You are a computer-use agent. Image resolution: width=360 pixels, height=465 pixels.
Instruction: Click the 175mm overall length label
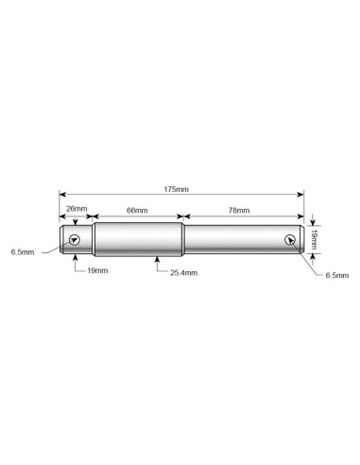click(176, 189)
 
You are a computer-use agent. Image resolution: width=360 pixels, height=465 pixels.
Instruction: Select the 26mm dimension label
click(77, 209)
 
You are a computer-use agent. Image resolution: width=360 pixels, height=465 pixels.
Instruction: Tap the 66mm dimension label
click(137, 210)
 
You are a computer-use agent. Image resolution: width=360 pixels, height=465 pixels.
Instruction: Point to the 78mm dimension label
click(239, 210)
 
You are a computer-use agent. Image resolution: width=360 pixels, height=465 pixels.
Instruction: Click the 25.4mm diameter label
click(184, 273)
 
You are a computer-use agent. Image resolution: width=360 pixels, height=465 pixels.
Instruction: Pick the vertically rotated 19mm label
click(314, 239)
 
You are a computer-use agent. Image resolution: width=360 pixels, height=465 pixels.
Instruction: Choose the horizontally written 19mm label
click(97, 270)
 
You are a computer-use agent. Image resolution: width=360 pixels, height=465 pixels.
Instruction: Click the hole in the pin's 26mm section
click(75, 240)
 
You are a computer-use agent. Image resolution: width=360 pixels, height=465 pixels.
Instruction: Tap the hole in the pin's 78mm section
click(290, 240)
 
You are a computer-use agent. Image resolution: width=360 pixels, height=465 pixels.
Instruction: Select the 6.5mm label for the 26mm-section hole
click(23, 252)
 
